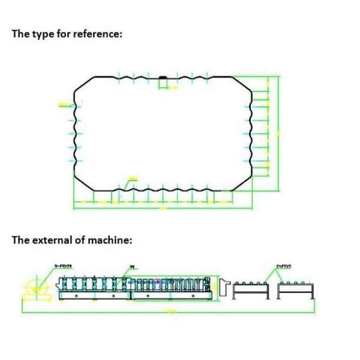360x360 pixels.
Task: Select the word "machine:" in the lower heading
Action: (x=110, y=240)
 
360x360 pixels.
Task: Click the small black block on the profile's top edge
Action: (x=162, y=77)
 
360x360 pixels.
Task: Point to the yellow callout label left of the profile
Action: (x=63, y=106)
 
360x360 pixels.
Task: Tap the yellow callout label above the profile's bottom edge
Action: (x=133, y=178)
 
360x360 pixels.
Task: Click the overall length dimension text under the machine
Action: (x=170, y=311)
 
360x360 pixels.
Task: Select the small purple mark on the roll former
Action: (x=158, y=281)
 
